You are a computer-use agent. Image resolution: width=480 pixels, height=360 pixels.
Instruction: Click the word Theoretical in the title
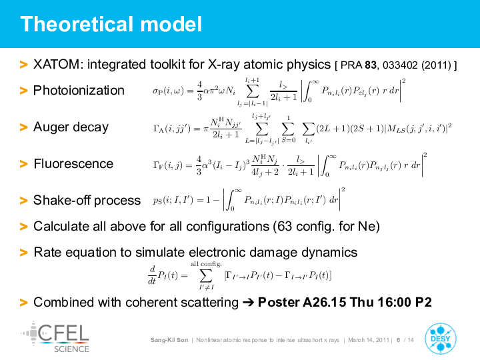(77, 24)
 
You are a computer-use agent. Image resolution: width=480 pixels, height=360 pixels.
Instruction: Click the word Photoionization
(79, 90)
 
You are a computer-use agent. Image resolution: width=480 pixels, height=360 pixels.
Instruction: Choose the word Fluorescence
(73, 163)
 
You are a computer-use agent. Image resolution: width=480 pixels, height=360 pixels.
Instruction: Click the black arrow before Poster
(249, 303)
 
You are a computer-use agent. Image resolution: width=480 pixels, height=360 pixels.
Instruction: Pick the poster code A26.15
(325, 302)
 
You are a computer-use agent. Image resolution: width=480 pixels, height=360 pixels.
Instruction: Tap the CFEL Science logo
(55, 337)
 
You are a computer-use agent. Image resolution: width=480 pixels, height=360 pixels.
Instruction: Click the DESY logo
(441, 339)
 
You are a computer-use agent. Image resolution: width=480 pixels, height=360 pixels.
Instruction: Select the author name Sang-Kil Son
(169, 340)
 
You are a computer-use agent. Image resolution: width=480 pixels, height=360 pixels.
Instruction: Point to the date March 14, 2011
(369, 340)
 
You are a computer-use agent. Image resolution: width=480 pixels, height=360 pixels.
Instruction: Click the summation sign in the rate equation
(206, 275)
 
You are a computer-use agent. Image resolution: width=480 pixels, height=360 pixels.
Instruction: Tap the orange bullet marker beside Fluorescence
(23, 164)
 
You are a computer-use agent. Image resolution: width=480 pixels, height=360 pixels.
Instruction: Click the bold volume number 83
(371, 65)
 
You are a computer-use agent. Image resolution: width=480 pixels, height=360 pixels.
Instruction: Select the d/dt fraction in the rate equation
(152, 275)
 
